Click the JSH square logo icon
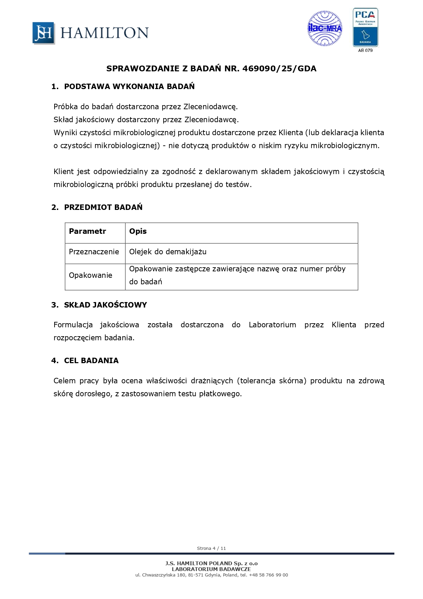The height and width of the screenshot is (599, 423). [x=43, y=33]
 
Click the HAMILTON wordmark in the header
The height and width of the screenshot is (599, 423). [x=104, y=33]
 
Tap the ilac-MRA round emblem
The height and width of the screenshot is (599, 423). [x=325, y=29]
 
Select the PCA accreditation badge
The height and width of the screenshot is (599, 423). [x=365, y=27]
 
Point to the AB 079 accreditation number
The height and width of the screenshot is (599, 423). [x=365, y=51]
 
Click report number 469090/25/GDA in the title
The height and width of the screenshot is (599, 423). [x=279, y=69]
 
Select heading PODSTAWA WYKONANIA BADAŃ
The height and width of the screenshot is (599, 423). [x=129, y=87]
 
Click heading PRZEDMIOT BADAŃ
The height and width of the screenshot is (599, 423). [x=103, y=207]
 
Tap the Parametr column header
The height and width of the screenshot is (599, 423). [x=87, y=231]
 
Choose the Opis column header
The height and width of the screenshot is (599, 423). [x=138, y=231]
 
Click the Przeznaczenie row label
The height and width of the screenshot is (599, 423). [x=94, y=252]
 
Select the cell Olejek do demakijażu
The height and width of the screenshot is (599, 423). [x=168, y=252]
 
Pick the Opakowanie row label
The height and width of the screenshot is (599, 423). [x=90, y=275]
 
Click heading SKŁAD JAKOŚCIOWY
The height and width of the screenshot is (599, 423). [x=105, y=305]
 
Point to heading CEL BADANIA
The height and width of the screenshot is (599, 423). [x=91, y=361]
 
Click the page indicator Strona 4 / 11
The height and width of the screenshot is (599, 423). [x=211, y=548]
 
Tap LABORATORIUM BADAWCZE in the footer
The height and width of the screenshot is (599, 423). [x=211, y=569]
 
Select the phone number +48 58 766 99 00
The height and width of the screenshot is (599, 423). [x=268, y=575]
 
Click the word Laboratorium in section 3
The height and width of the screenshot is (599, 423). [x=272, y=325]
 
